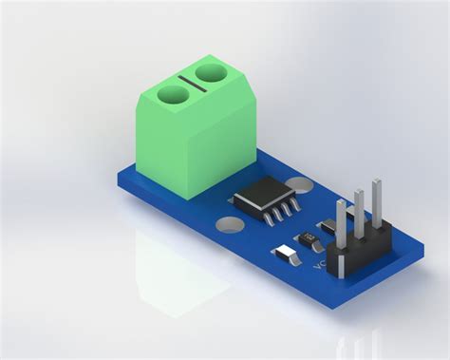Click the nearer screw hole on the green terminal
coord(173,95)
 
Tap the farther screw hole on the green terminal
coord(211,70)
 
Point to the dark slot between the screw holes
coord(193,83)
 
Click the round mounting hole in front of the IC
coord(229,227)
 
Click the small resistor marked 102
coord(308,238)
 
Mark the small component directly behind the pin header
coord(325,225)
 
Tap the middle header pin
coord(359,213)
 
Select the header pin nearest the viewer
coord(340,226)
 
